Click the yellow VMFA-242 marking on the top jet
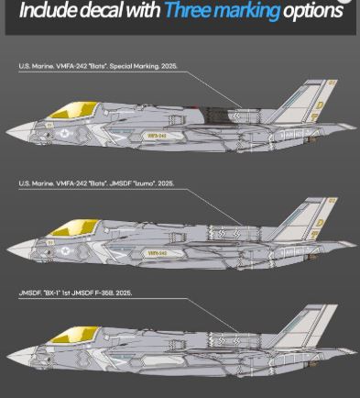pos(156,135)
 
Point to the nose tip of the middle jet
pos(7,246)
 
